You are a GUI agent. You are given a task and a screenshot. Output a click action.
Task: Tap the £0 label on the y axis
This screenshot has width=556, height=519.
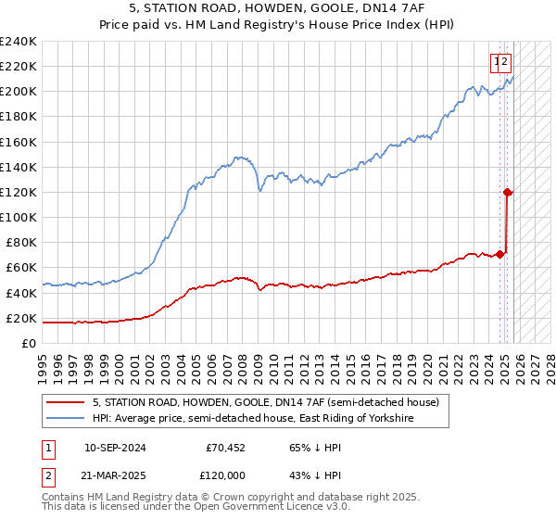30,343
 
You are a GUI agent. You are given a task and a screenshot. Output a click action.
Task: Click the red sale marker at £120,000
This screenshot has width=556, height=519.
508,192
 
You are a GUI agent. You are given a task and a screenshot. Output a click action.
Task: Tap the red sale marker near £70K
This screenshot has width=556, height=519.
500,254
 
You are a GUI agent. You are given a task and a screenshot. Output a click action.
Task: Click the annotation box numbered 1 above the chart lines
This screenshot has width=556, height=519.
498,62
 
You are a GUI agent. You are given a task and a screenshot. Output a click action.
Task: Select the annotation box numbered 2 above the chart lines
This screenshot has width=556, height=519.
506,62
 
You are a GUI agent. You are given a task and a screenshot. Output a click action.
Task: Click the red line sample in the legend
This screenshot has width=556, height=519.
66,402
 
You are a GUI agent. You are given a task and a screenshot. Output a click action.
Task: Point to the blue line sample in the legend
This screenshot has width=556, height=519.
66,419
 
